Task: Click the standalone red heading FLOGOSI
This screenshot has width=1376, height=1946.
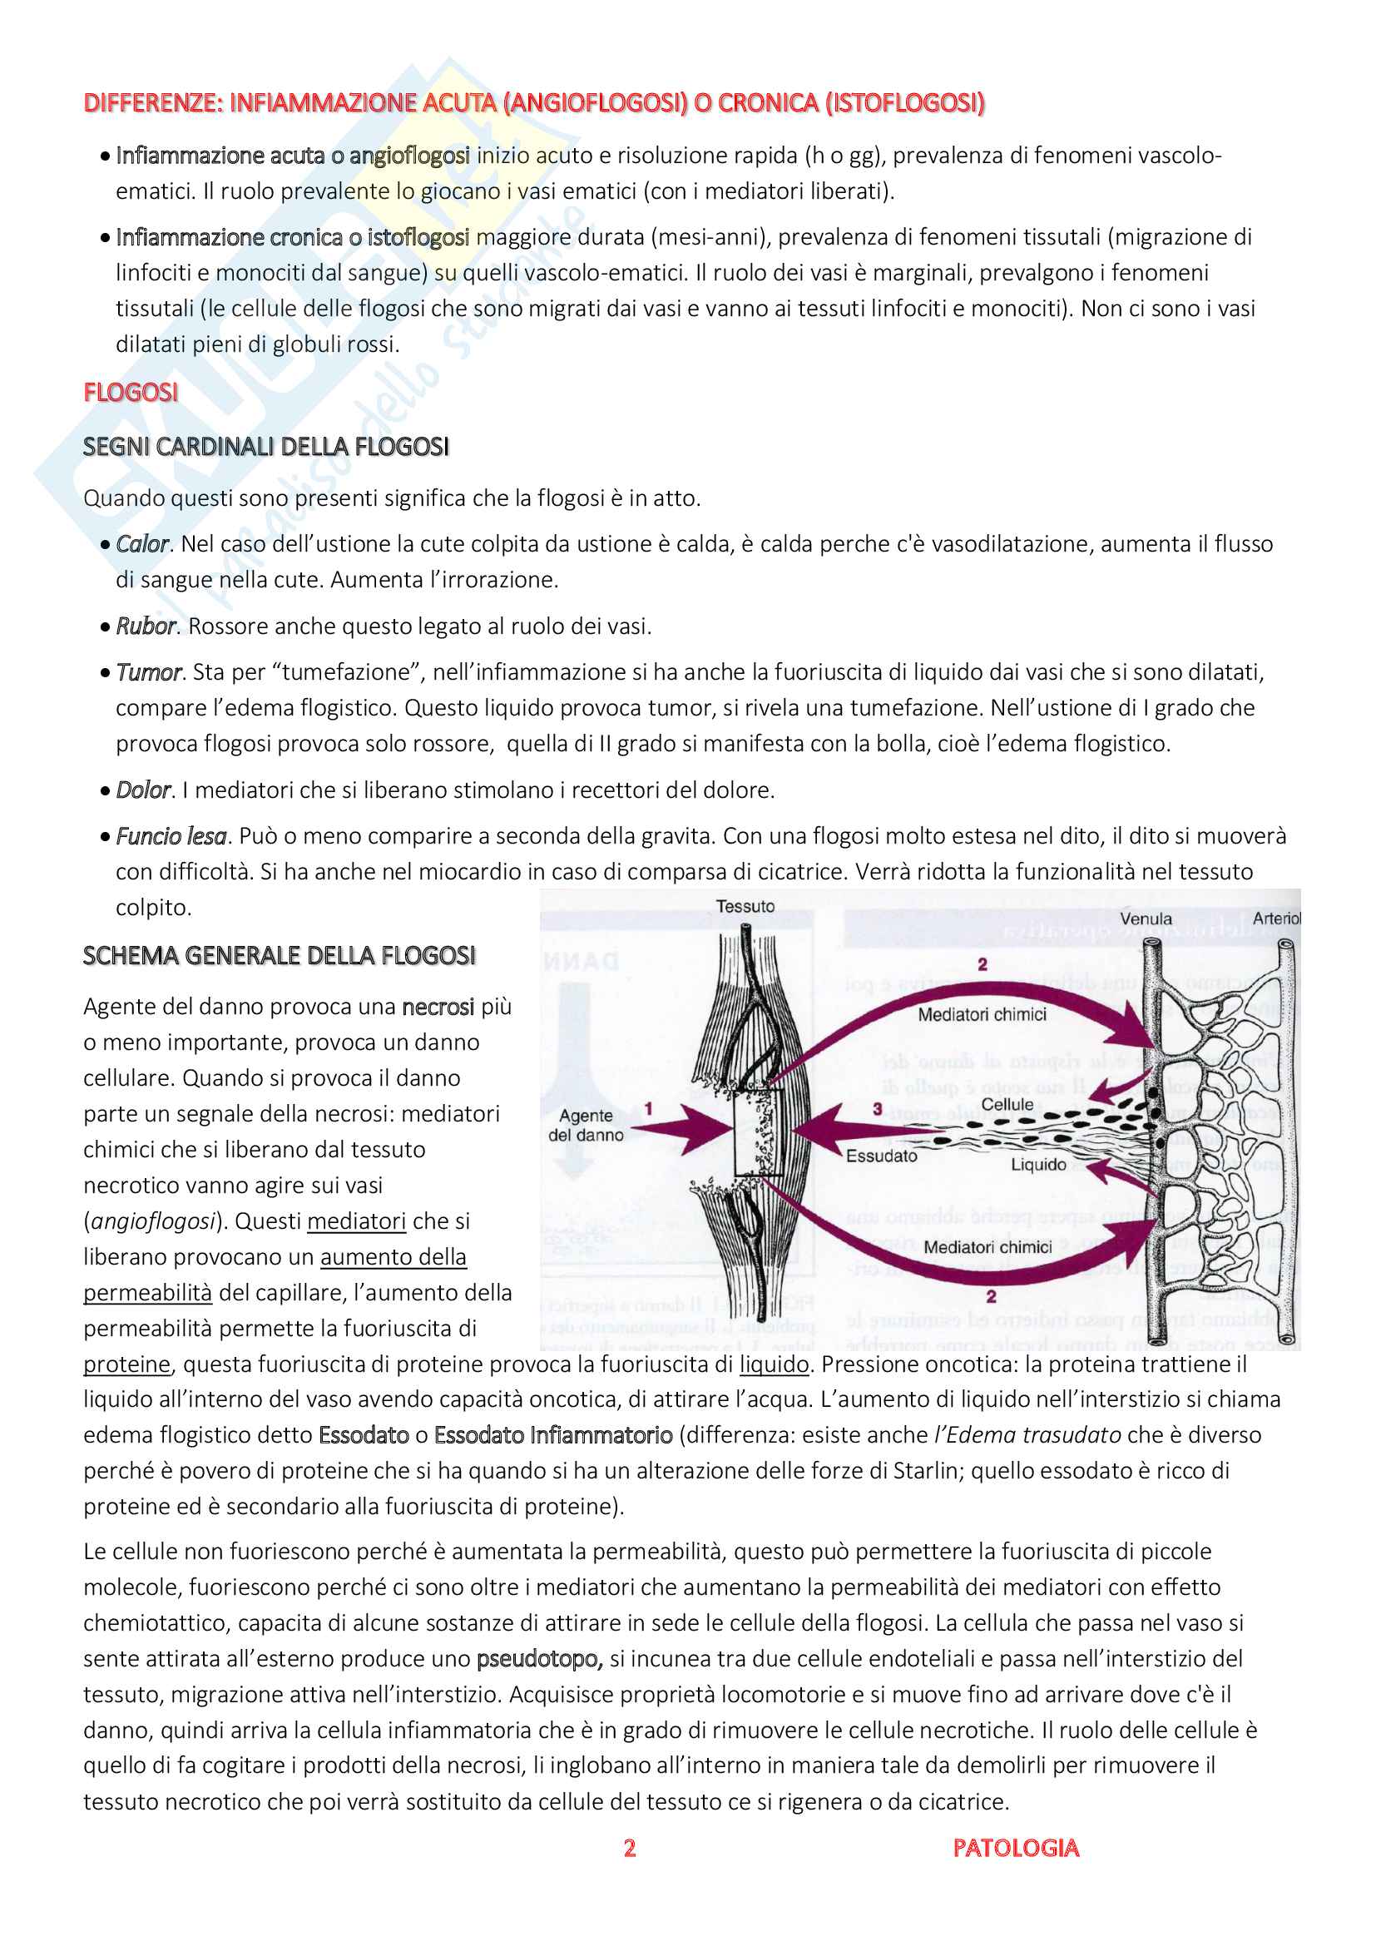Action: click(131, 393)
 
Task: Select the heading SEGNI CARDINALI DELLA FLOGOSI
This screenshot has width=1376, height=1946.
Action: click(266, 447)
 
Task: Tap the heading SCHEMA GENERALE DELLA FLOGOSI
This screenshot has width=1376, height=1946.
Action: click(279, 956)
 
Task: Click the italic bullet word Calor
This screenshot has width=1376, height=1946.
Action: click(142, 544)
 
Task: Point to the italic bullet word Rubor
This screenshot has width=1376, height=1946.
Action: click(146, 626)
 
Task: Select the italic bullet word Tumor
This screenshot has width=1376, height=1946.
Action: click(148, 672)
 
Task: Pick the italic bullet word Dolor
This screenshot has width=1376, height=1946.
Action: click(143, 790)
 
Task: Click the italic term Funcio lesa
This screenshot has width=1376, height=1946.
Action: click(171, 836)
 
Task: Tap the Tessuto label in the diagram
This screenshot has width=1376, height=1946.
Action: click(745, 906)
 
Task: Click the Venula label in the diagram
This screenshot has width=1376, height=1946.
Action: click(1146, 919)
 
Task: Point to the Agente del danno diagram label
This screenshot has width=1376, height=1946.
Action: click(586, 1126)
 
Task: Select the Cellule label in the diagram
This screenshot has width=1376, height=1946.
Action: click(1007, 1104)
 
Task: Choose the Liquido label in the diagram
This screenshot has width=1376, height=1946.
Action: click(1038, 1165)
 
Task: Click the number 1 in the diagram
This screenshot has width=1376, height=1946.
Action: click(648, 1108)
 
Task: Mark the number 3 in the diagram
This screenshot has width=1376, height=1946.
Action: click(878, 1108)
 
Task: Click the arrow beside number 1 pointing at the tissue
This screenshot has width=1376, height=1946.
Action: click(682, 1131)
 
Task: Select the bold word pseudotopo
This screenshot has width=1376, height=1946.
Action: click(539, 1659)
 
